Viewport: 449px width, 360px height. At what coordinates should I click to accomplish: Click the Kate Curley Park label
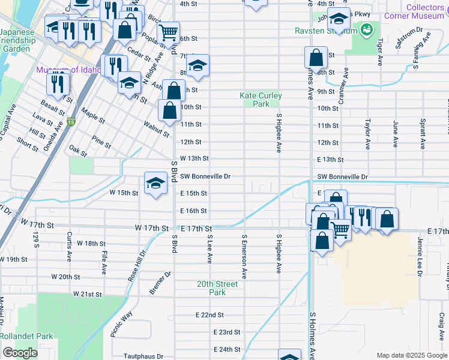click(261, 100)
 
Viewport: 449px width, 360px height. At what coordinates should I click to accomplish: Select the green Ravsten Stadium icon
click(366, 29)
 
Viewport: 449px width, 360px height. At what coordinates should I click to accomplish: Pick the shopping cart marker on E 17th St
click(340, 229)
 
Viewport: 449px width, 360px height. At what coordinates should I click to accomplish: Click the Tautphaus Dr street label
click(143, 356)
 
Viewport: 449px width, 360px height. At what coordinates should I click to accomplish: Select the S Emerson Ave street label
click(244, 256)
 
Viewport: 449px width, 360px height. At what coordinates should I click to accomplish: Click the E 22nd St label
click(209, 315)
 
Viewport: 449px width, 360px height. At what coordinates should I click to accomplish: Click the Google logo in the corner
click(20, 353)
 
